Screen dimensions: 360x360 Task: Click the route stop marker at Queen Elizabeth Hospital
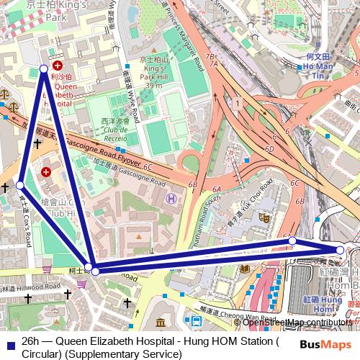pos(44,68)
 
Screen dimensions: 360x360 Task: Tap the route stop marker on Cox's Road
pos(20,185)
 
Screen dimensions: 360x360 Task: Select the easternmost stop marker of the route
pos(341,250)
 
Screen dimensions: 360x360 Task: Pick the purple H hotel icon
pos(171,198)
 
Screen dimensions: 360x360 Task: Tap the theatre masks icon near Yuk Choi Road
pos(264,215)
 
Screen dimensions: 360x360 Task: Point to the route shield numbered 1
pos(237,105)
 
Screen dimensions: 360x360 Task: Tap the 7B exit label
pos(210,56)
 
